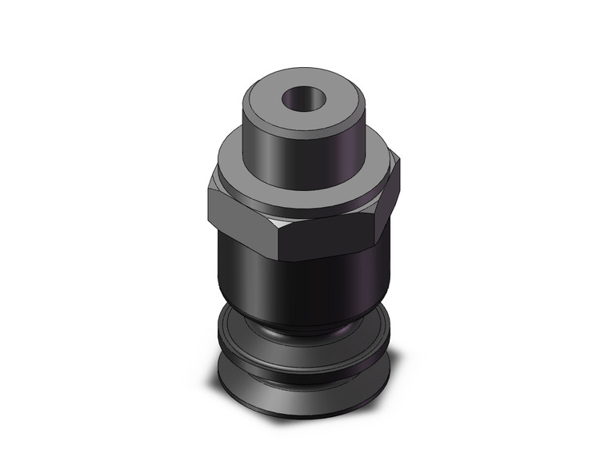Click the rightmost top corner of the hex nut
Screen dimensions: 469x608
point(398,160)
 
